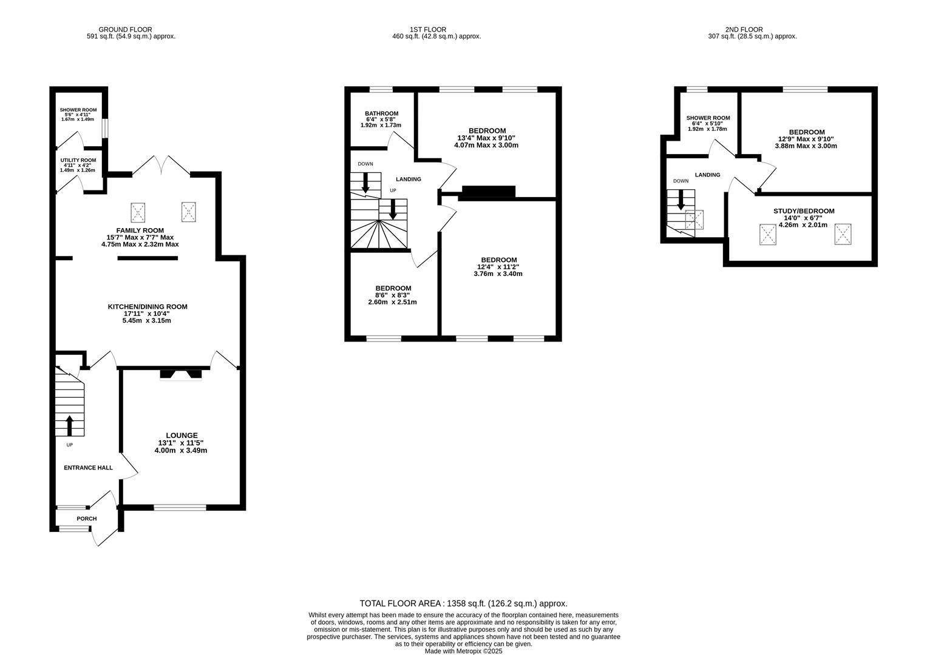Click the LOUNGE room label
(182, 435)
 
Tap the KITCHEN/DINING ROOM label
(148, 307)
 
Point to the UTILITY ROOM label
(78, 160)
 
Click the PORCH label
(86, 519)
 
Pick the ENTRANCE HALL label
(89, 468)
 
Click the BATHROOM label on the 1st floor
(381, 113)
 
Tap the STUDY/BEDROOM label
(804, 211)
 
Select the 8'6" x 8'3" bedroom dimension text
(393, 295)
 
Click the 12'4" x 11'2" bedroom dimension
(498, 267)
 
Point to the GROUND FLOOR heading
(126, 29)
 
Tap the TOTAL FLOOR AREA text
(463, 603)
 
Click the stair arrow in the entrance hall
(69, 425)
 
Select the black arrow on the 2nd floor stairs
(681, 200)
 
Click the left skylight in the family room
(138, 212)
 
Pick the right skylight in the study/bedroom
(843, 234)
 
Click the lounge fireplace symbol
(180, 374)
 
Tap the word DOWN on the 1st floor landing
(365, 164)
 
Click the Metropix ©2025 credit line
(463, 651)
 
